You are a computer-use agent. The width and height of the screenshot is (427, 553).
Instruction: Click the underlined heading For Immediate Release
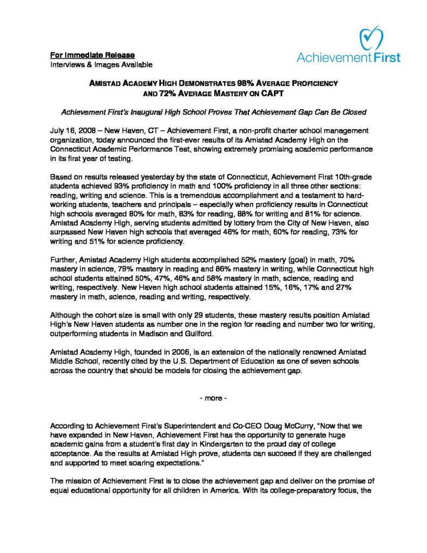pos(92,55)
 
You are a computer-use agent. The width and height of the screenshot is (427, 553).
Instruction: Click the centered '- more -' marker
pos(213,402)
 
